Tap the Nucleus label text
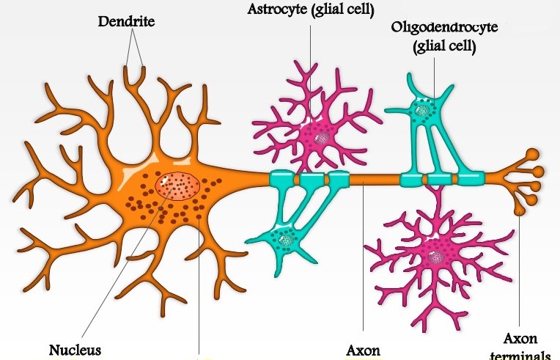(75, 349)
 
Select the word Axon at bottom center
(363, 350)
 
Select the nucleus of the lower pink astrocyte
(438, 257)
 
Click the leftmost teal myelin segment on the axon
(281, 178)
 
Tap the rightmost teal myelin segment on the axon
(470, 179)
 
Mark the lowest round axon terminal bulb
(520, 210)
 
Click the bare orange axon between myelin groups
(375, 179)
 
